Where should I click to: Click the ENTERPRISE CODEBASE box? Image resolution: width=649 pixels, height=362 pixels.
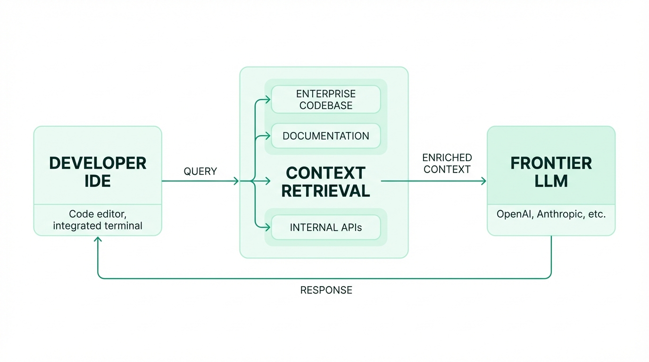pyautogui.click(x=325, y=99)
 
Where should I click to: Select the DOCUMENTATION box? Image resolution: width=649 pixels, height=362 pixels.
pyautogui.click(x=325, y=136)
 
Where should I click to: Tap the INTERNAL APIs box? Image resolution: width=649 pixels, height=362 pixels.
pyautogui.click(x=325, y=227)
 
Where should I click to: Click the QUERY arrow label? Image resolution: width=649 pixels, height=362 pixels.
pyautogui.click(x=200, y=172)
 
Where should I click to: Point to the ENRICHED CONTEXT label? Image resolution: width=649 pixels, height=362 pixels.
pyautogui.click(x=447, y=164)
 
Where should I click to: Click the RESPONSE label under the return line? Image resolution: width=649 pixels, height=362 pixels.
pyautogui.click(x=326, y=290)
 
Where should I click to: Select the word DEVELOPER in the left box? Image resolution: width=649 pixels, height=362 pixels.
pyautogui.click(x=98, y=163)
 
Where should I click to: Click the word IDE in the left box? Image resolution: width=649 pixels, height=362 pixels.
pyautogui.click(x=98, y=181)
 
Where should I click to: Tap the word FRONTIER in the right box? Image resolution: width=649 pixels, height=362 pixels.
pyautogui.click(x=551, y=163)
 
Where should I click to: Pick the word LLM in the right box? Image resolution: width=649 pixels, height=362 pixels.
pyautogui.click(x=551, y=181)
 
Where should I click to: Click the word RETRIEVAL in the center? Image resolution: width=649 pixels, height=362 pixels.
pyautogui.click(x=325, y=191)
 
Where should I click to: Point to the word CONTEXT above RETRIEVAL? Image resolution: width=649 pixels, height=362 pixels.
pyautogui.click(x=325, y=173)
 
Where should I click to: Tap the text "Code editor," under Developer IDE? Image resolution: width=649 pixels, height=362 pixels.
pyautogui.click(x=98, y=214)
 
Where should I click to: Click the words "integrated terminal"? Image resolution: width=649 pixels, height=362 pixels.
pyautogui.click(x=98, y=226)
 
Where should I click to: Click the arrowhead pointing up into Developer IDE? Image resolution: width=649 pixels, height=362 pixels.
pyautogui.click(x=98, y=239)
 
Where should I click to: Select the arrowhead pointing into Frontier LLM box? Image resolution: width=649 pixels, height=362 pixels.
pyautogui.click(x=483, y=181)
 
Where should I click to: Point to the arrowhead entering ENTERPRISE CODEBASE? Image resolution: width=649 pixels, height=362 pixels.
pyautogui.click(x=268, y=99)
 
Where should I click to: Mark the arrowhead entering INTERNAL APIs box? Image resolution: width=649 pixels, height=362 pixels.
pyautogui.click(x=268, y=227)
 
